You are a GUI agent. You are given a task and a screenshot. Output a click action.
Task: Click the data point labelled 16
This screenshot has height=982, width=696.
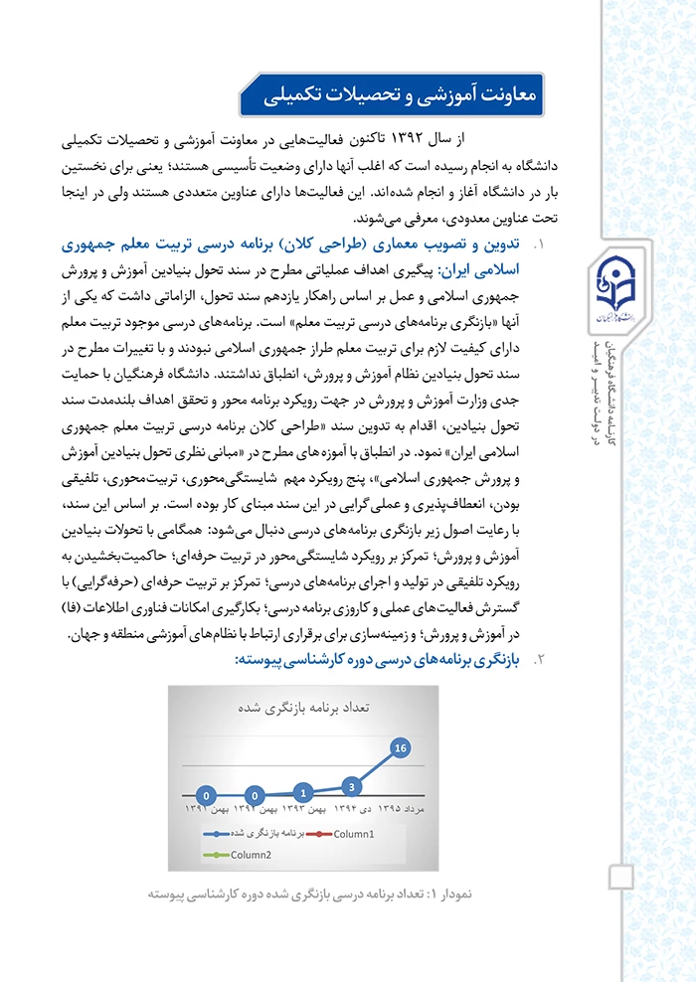(401, 746)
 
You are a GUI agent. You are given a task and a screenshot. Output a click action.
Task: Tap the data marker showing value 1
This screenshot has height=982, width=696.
(303, 793)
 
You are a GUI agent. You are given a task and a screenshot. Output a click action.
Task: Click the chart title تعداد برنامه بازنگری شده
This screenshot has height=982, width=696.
(303, 708)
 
